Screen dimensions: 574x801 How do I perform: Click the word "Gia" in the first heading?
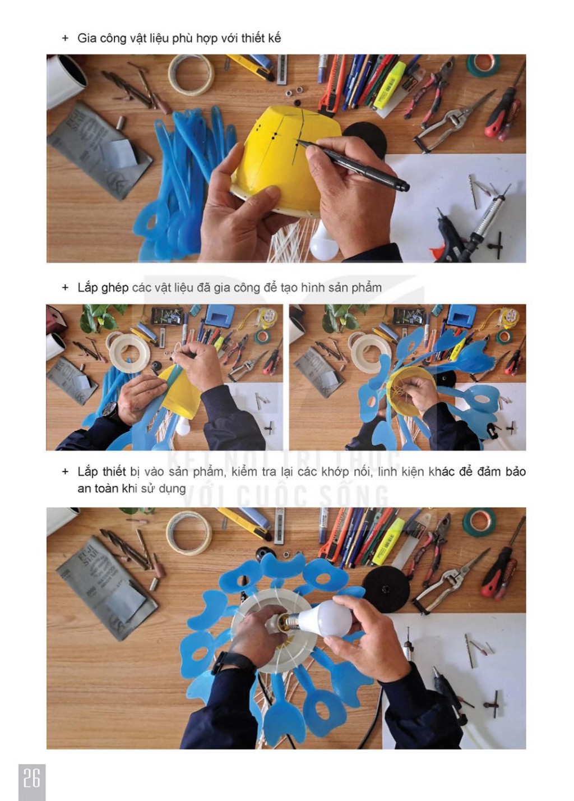85,38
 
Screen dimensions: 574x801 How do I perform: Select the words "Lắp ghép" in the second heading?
103,288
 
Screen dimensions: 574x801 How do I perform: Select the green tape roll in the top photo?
483,65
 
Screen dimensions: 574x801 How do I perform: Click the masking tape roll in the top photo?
191,75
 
